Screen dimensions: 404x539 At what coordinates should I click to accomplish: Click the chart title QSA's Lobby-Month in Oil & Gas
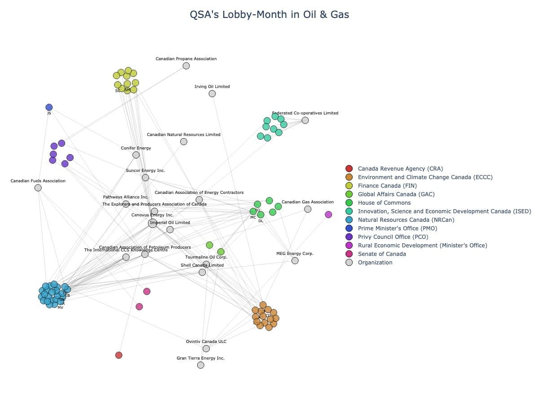coord(269,15)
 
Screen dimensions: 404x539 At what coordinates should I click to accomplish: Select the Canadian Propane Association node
coord(186,66)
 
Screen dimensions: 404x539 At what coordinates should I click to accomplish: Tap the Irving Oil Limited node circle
coord(212,94)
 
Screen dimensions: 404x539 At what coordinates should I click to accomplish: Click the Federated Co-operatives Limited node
coord(305,120)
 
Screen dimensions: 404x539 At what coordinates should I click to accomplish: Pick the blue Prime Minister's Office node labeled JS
coord(49,107)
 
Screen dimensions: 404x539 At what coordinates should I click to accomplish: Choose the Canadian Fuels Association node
coord(38,188)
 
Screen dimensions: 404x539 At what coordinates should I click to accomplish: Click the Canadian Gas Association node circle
coord(308,209)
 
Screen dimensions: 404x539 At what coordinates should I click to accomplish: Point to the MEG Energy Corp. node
coord(295,261)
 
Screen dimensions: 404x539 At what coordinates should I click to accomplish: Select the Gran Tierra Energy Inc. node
coord(200,365)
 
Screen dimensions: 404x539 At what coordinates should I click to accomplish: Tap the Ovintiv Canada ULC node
coord(206,349)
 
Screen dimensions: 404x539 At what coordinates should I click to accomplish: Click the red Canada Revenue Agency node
coord(119,355)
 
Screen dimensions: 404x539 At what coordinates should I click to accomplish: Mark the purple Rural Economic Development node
coord(328,215)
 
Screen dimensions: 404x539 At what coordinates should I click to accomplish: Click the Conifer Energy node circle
coord(136,155)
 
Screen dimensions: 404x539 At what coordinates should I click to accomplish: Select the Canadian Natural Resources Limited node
coord(184,142)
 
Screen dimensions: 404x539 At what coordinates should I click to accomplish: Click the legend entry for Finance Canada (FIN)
coord(387,186)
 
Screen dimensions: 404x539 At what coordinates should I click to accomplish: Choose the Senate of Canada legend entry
coord(381,254)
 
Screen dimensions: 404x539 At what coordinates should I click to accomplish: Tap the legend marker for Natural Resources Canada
coord(349,220)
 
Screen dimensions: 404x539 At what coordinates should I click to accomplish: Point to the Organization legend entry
coord(375,263)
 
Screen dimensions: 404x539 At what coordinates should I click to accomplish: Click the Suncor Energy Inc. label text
coord(145,171)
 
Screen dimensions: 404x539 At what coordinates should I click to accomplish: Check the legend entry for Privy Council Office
coord(393,237)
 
